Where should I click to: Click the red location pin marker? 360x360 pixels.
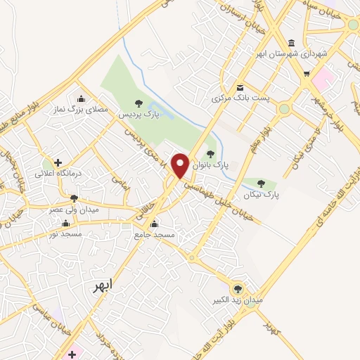pos(181,165)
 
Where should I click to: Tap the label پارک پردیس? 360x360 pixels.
pos(138,113)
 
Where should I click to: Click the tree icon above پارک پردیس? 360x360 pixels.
pos(138,103)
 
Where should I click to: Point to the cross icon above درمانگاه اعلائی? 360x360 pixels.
pos(58,162)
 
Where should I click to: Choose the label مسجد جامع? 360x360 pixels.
pos(154,235)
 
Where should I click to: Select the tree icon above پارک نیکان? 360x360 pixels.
pos(262,183)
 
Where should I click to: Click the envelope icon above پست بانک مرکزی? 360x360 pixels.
pos(240,88)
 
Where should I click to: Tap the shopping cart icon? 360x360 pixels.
pos(306,73)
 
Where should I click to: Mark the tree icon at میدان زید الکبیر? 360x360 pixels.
pos(238,288)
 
